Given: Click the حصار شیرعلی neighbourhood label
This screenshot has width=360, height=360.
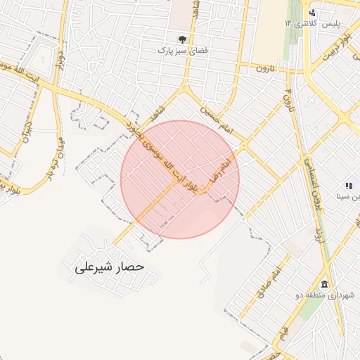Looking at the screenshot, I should (109, 268).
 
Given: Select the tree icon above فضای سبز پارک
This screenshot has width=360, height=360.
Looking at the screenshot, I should (183, 39).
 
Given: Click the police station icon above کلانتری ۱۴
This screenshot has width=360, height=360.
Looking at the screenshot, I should (313, 13).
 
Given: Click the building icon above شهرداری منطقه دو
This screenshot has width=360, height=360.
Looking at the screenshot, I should (324, 284).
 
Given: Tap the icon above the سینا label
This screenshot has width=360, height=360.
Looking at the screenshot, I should (348, 186).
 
